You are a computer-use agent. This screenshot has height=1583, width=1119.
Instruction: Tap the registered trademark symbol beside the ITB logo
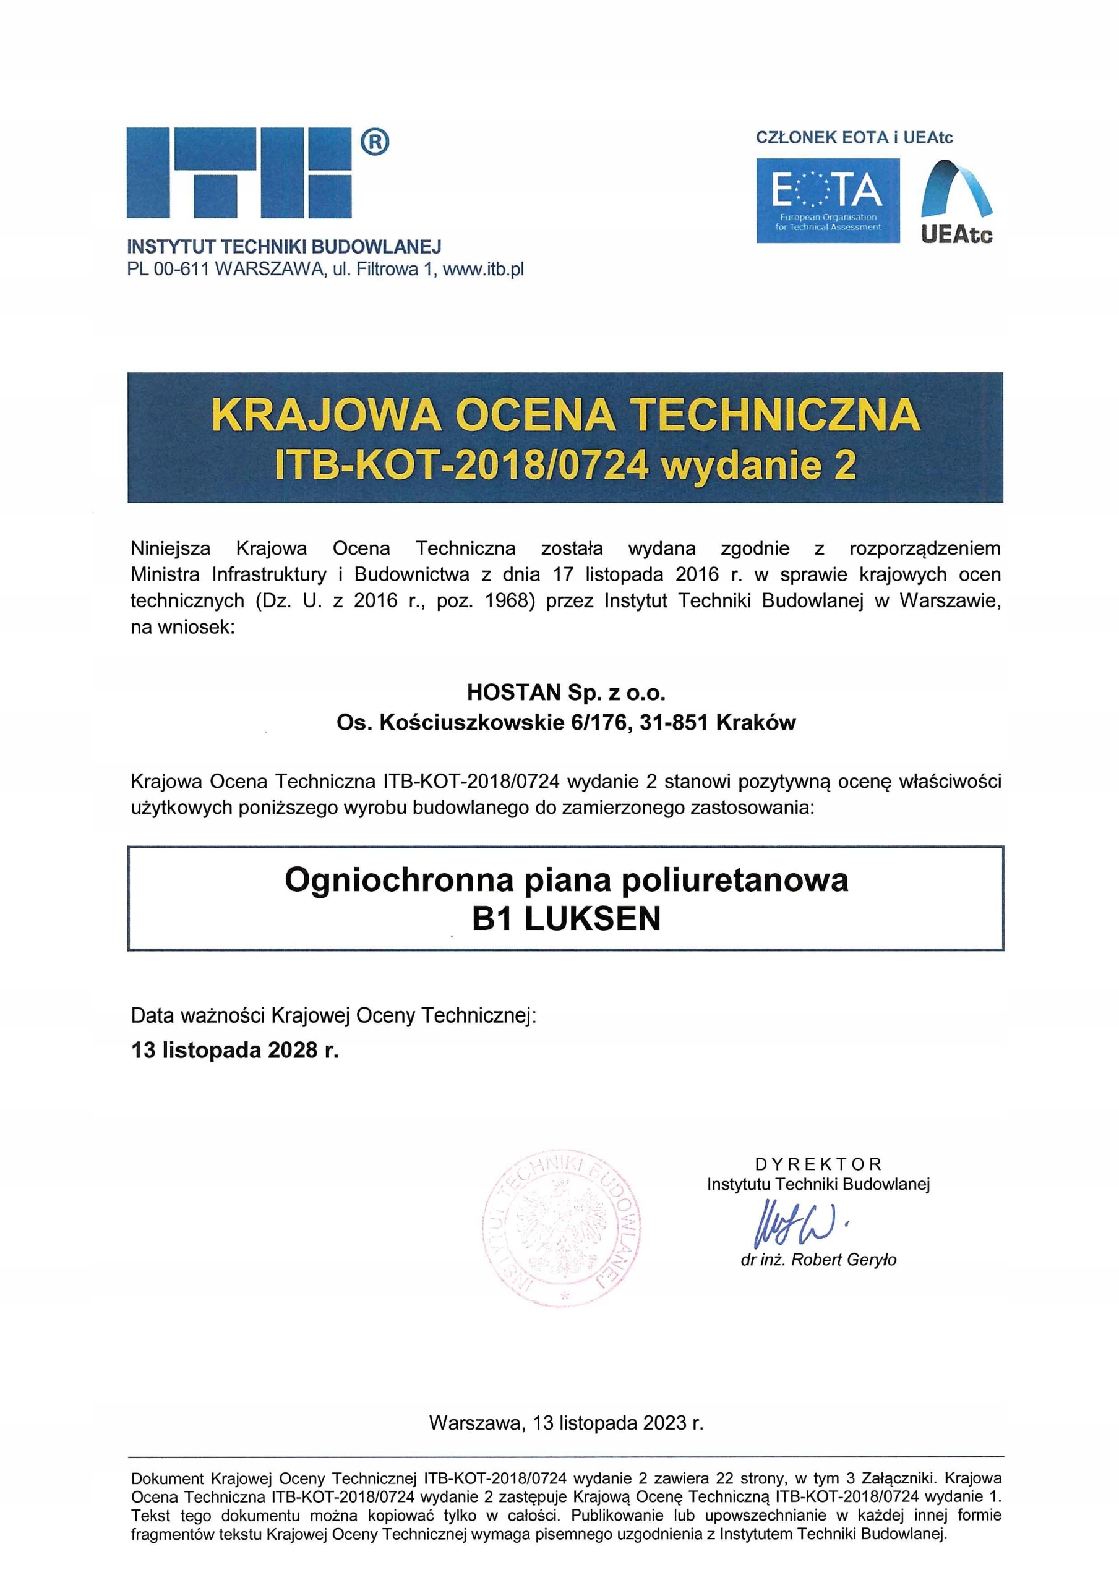tap(375, 142)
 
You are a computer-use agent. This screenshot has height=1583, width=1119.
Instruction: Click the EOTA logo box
tap(827, 200)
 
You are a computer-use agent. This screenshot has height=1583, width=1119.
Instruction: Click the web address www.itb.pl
tap(483, 270)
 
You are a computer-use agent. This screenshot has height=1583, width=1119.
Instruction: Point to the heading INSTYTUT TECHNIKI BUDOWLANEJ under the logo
tap(284, 246)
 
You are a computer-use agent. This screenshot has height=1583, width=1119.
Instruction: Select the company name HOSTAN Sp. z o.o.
tap(566, 691)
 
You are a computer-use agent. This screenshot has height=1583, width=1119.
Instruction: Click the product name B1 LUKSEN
tap(566, 918)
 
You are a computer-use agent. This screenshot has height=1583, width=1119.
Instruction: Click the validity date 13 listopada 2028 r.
tap(234, 1050)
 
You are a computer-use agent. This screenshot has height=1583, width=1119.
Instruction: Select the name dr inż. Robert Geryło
tap(818, 1260)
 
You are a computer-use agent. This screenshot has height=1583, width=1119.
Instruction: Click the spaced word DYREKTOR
tap(818, 1164)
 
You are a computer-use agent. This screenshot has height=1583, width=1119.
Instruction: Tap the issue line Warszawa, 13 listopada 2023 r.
tap(566, 1422)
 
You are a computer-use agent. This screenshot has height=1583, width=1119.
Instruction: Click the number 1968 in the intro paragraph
tap(510, 600)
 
